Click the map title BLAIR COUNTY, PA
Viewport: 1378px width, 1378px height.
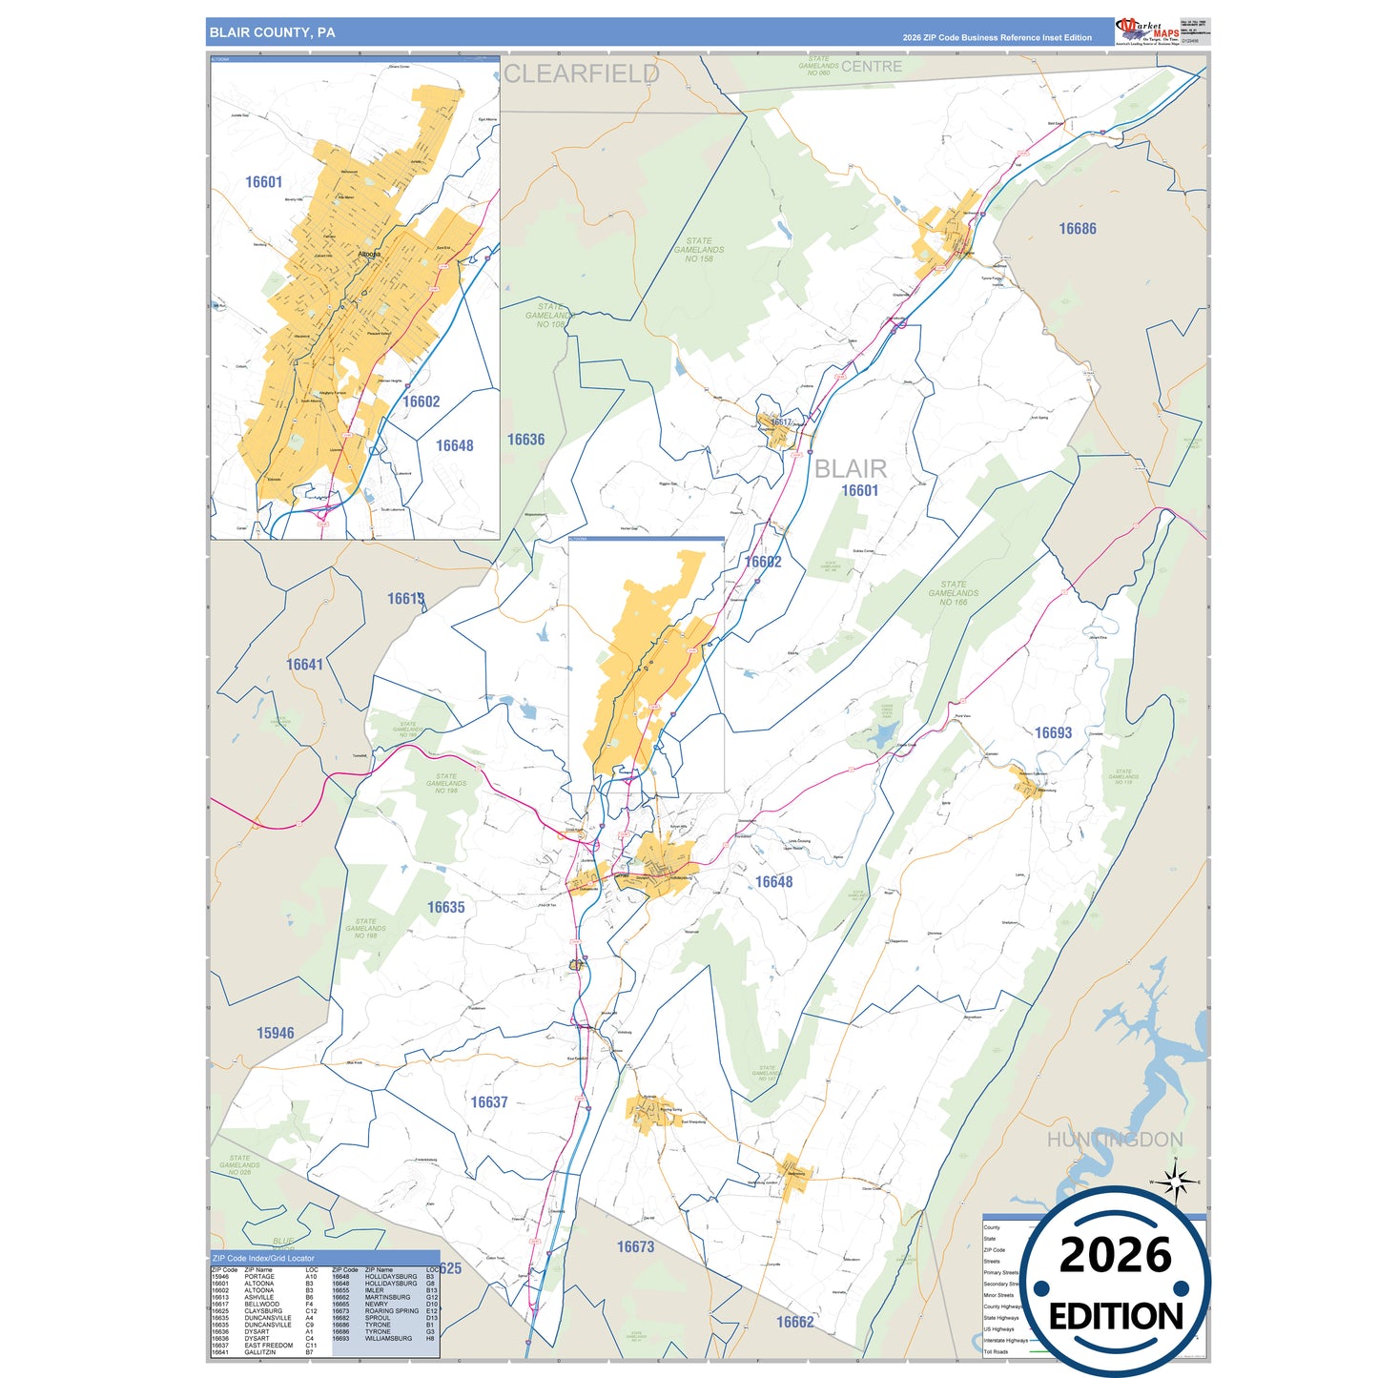(273, 32)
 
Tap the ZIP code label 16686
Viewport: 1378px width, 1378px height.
(1078, 229)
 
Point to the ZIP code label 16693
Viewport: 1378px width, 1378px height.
(1053, 732)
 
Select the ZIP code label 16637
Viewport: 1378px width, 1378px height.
(489, 1102)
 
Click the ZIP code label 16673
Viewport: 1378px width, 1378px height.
(635, 1247)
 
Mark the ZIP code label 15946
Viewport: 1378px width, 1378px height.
(275, 1033)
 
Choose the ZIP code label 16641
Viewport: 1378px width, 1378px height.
(305, 665)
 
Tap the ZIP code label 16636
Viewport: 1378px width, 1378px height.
(525, 440)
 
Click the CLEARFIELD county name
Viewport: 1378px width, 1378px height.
(581, 73)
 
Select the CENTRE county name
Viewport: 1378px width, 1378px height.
(871, 67)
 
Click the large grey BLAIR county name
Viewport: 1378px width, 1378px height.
(851, 468)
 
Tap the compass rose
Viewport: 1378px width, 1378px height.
(1176, 1182)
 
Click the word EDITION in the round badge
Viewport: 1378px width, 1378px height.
(1115, 1317)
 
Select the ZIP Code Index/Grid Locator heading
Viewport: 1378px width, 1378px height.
(263, 1259)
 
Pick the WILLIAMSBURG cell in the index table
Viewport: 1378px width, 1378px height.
(389, 1339)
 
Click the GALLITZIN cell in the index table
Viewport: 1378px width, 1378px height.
(259, 1352)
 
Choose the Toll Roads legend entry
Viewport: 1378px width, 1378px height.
(996, 1351)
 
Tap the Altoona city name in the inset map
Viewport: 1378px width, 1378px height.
(369, 255)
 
